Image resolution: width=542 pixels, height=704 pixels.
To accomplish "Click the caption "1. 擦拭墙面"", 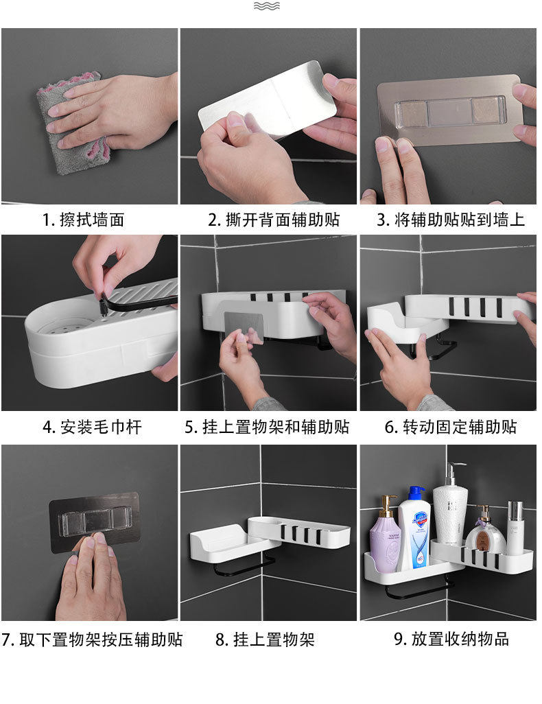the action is point(83,220).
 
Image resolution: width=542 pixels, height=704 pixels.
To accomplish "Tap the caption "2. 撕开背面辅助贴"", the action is point(274,220).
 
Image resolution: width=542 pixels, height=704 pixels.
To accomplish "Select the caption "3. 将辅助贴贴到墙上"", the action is point(450,220).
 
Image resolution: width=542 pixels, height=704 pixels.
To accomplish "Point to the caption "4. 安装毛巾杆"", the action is point(92,427).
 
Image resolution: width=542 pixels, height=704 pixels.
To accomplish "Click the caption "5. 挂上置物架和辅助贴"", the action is point(267,427).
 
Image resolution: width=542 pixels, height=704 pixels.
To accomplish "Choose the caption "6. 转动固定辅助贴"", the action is point(450,427).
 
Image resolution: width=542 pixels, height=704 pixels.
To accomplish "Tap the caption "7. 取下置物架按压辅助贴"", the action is point(92,640).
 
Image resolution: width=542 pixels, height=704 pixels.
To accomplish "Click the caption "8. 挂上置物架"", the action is point(265,640).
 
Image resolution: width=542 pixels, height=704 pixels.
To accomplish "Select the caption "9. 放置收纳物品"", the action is point(451,639).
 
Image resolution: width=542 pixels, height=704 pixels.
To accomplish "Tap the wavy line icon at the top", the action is point(267,6).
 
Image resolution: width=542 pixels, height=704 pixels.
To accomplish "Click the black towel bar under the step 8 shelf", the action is point(245,567).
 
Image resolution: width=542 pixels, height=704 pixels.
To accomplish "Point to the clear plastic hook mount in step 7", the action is point(95,521).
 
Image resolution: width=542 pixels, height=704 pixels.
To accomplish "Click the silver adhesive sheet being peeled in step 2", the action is point(268,99).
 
